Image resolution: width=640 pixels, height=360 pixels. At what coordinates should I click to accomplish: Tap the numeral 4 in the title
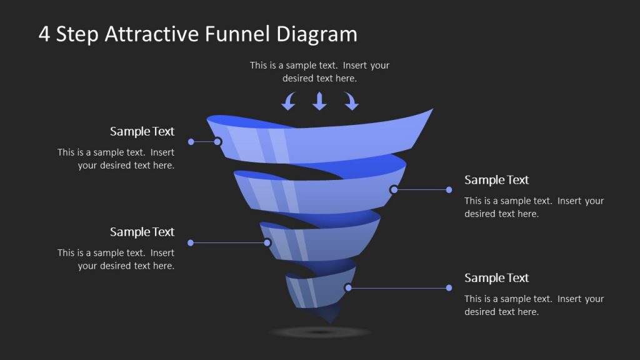pos(44,34)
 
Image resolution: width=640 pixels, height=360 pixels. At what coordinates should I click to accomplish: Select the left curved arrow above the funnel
pos(288,101)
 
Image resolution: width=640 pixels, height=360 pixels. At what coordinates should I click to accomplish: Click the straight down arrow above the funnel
pos(319,101)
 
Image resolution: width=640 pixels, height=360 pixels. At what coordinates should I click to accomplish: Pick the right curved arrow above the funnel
pos(351,101)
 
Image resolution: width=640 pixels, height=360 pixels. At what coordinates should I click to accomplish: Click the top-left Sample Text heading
pos(142,131)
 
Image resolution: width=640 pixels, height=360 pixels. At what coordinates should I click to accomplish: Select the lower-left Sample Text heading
pos(142,232)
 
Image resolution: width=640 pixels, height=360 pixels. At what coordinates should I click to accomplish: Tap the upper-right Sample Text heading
pos(496,180)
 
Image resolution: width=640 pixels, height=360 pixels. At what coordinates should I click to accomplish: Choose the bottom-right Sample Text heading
pos(496,278)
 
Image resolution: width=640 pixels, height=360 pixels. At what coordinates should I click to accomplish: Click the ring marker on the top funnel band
pos(217,142)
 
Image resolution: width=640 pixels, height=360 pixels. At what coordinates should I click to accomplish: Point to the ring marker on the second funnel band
pos(394,189)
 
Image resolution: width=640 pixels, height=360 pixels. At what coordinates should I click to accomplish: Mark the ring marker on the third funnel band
pos(267,242)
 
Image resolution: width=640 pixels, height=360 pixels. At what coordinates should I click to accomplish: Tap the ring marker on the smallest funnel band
pos(348,287)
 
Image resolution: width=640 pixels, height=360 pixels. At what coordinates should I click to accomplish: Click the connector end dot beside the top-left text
pos(191,142)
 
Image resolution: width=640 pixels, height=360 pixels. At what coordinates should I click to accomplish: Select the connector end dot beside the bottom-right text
pos(449,287)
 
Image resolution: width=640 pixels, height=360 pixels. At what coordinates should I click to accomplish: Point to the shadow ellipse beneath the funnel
pos(321,332)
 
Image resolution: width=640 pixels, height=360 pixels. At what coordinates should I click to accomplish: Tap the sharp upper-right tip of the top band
pos(431,111)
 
